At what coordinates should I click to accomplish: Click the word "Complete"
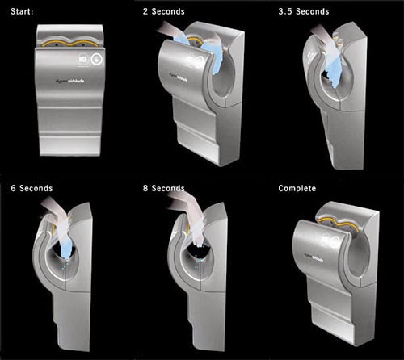click(x=297, y=188)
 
